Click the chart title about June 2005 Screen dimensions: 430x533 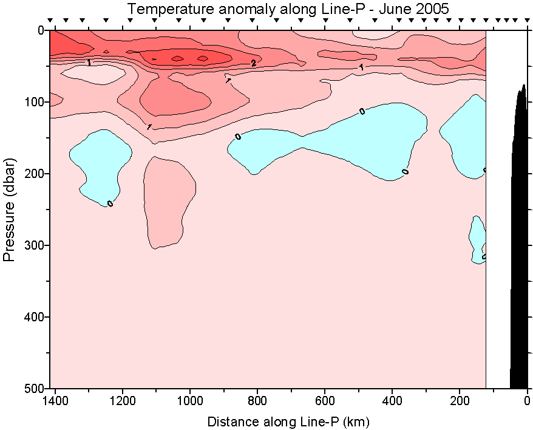click(288, 9)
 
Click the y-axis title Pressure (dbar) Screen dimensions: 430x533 click(8, 210)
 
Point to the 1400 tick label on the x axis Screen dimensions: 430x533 click(55, 401)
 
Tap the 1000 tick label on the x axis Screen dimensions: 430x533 click(190, 401)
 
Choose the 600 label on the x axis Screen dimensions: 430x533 click(325, 401)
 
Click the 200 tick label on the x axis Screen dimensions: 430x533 click(460, 401)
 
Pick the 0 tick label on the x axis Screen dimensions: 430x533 click(527, 401)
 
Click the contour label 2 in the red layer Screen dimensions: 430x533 click(254, 63)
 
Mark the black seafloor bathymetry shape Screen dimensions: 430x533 click(520, 243)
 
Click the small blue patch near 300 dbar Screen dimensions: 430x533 click(478, 237)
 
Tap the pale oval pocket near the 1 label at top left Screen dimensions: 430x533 click(91, 74)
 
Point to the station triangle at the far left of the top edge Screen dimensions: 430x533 click(50, 21)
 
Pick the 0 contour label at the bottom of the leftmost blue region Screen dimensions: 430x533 click(110, 203)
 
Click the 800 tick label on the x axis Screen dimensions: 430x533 click(257, 401)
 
